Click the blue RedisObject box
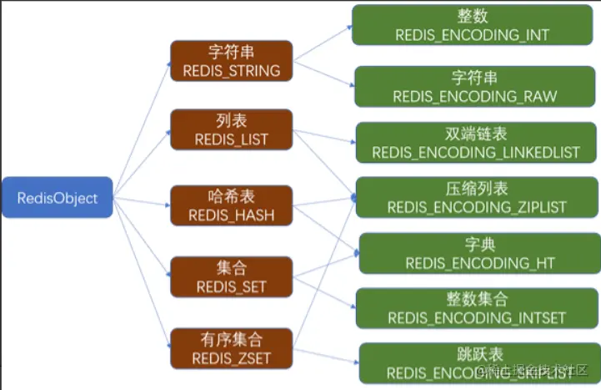(x=57, y=198)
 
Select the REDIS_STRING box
(x=231, y=61)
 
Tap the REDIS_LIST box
(x=231, y=129)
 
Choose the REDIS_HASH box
(x=231, y=205)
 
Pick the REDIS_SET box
(x=231, y=276)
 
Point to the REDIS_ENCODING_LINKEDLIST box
(x=475, y=144)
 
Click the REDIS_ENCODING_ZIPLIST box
(x=475, y=197)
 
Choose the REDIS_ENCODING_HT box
(x=479, y=253)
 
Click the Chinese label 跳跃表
(x=479, y=355)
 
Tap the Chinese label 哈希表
(x=231, y=197)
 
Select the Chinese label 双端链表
(x=475, y=134)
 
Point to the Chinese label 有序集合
(x=231, y=340)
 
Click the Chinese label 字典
(x=479, y=244)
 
